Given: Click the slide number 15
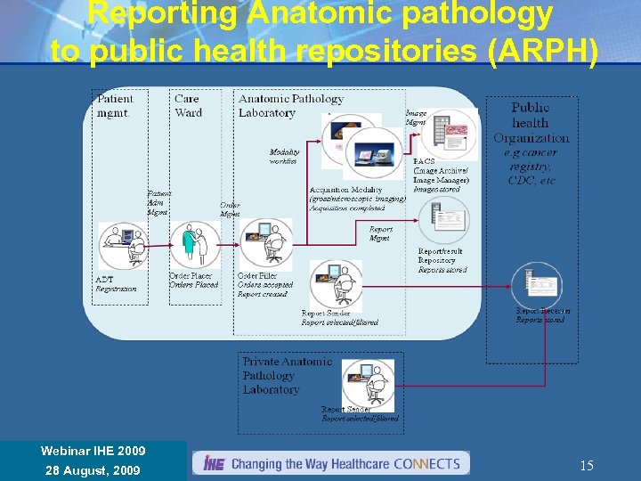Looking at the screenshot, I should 587,465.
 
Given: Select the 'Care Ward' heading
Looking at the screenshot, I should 188,106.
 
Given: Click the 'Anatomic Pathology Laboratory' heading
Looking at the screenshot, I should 290,106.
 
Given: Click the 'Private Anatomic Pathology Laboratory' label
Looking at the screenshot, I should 287,375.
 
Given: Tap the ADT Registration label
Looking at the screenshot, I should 116,284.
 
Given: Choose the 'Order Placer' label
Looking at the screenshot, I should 192,280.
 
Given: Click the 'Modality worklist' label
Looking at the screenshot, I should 284,156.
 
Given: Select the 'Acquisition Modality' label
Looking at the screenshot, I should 347,190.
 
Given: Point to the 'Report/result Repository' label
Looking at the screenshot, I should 441,257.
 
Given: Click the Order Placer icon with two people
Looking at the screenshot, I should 192,243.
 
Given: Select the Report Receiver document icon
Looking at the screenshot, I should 536,283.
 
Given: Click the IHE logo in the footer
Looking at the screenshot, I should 214,463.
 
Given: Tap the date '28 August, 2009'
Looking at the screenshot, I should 93,469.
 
